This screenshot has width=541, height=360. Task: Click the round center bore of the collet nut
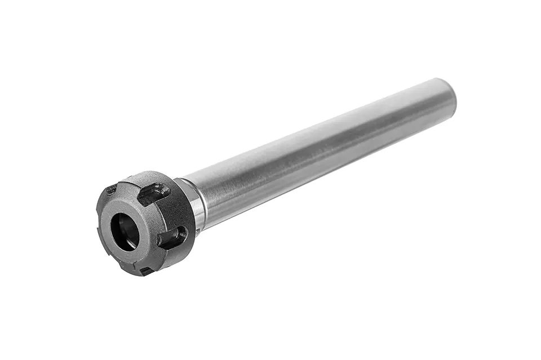pyautogui.click(x=124, y=230)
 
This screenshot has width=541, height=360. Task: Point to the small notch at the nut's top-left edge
pyautogui.click(x=111, y=189)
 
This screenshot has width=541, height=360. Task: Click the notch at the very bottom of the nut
pyautogui.click(x=146, y=271)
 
